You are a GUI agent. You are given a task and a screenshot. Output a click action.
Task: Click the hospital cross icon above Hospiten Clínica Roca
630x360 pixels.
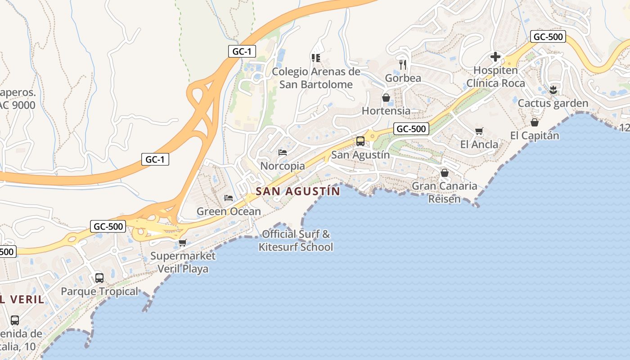coord(495,57)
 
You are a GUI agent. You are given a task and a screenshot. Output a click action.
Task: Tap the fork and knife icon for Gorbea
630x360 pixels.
coord(403,64)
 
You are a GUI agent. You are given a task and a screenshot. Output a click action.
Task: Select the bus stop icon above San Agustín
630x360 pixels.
coord(360,141)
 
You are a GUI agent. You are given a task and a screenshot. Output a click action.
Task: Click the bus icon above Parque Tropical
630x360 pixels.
coord(99,278)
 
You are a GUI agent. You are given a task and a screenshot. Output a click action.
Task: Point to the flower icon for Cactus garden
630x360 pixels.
coord(553,90)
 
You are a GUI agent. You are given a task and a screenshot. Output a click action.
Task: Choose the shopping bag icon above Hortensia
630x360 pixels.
coord(386,98)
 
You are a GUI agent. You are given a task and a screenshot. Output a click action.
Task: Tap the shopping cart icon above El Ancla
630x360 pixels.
coord(479,131)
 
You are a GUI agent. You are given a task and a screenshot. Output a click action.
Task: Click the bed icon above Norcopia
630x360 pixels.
coord(283,153)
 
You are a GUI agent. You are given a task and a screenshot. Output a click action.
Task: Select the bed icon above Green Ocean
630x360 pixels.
coord(229,198)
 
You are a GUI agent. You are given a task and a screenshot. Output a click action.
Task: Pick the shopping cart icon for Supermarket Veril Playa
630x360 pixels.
coord(182,243)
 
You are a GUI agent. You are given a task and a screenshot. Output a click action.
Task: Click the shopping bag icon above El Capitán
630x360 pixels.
coord(535,122)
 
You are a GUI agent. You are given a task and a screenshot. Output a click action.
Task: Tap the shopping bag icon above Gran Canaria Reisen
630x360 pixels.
coord(445,173)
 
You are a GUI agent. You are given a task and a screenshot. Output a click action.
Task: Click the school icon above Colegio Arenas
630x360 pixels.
coord(315,58)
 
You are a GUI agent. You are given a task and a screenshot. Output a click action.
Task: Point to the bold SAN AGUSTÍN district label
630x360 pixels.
coord(298,191)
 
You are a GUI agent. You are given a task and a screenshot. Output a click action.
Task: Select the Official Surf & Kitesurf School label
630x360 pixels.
coord(296,240)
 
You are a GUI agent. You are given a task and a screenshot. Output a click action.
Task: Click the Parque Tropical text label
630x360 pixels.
coord(99,292)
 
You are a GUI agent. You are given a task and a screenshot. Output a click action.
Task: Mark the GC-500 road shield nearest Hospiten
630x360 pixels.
coord(548,37)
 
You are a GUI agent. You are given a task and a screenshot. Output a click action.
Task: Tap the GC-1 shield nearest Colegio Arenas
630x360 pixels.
coord(242,51)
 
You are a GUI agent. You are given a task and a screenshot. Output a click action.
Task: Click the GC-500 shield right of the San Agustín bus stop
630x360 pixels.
coord(411,129)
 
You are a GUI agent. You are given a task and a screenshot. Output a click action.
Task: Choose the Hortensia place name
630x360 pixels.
coord(386,111)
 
